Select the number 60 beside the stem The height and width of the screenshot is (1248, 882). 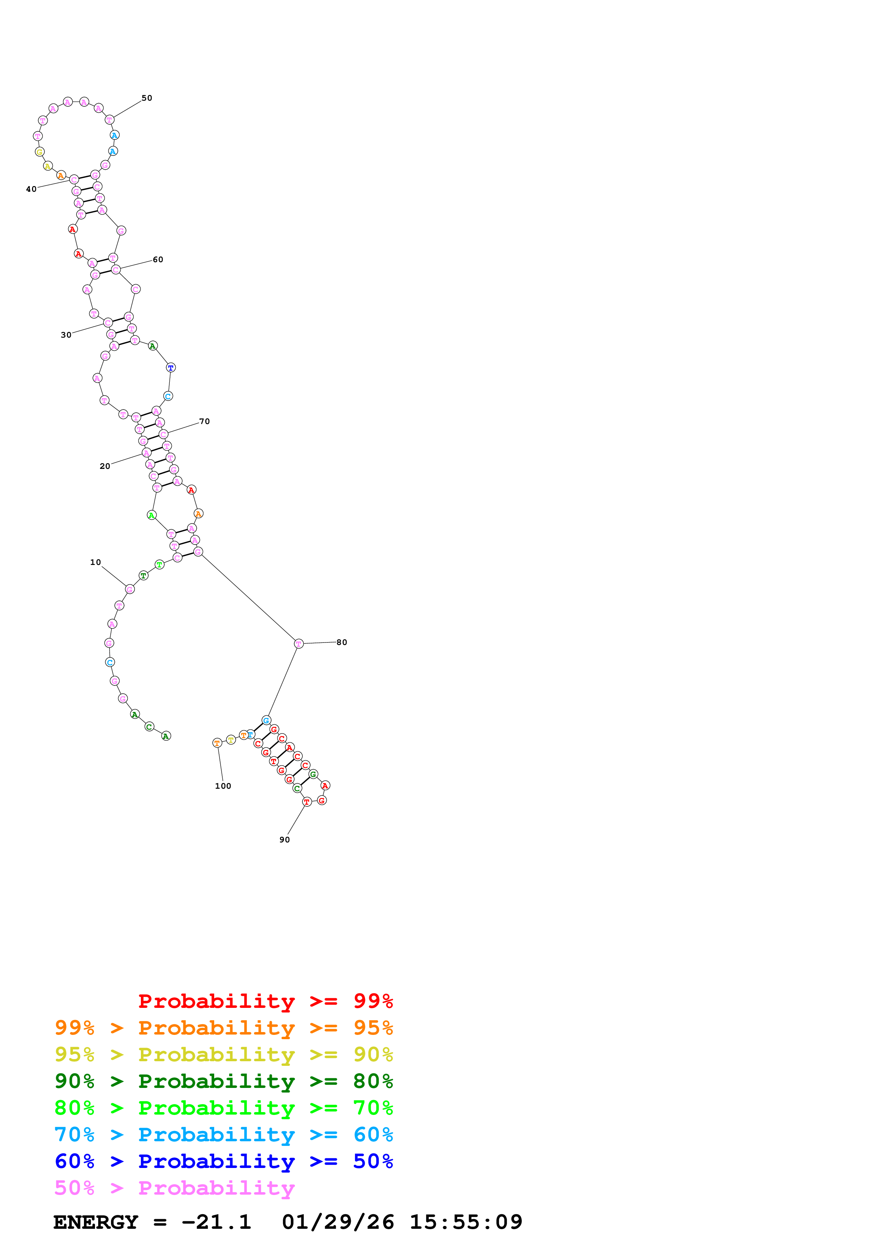tap(158, 260)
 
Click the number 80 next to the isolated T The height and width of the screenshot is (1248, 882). tap(341, 642)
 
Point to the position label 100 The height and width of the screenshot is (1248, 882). tap(223, 786)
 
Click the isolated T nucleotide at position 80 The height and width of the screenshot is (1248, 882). tap(299, 644)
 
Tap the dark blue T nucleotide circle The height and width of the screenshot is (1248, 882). tap(171, 368)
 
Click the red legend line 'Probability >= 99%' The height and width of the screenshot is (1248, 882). tap(265, 1001)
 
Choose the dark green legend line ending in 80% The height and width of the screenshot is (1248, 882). tap(224, 1081)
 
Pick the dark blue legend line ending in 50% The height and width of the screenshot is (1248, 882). tap(224, 1161)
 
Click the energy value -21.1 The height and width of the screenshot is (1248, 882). tap(216, 1222)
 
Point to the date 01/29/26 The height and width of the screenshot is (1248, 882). tap(338, 1222)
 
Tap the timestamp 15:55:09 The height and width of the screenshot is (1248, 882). tap(466, 1222)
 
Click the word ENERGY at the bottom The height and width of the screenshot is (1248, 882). tap(96, 1222)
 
